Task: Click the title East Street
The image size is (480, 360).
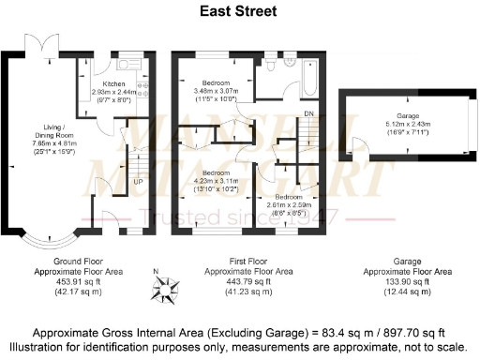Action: tap(239, 11)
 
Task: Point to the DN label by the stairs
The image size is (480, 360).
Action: tap(307, 114)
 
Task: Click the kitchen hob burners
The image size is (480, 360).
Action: tap(142, 86)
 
